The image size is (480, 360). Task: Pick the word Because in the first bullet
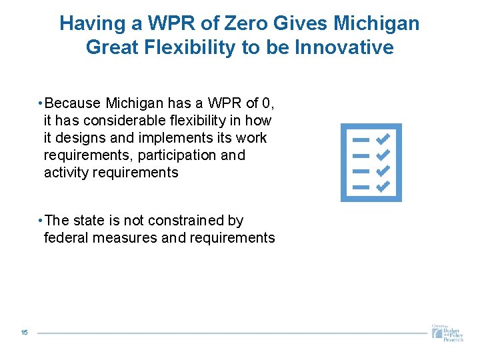73,103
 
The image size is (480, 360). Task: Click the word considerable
117,121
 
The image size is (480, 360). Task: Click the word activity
66,173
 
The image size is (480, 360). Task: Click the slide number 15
24,333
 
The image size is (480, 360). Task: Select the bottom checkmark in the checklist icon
383,187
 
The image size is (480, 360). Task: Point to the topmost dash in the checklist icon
360,140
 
